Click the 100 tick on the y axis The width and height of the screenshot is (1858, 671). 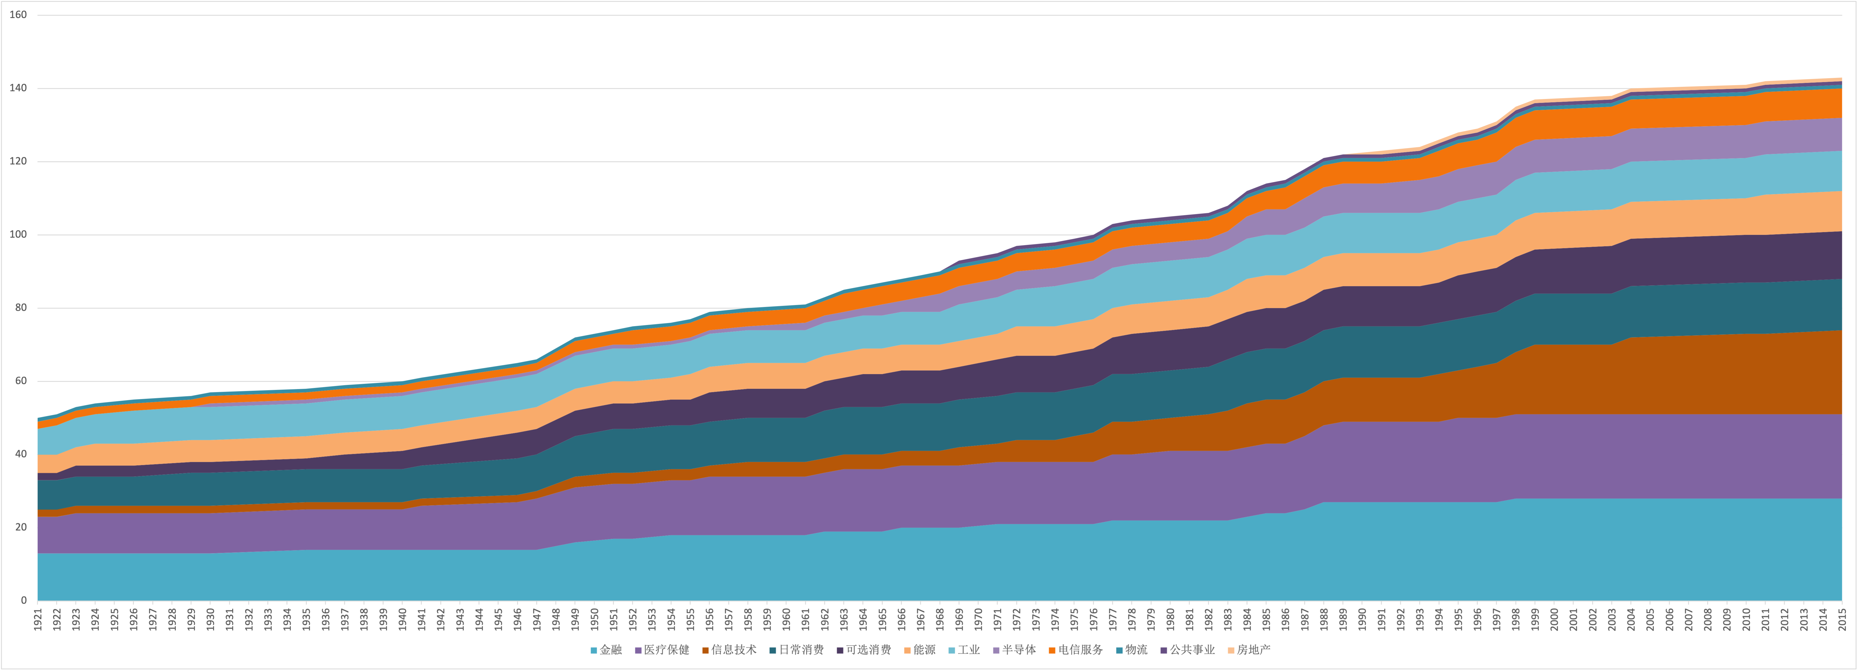[x=18, y=235]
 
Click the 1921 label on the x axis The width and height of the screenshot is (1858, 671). [x=38, y=619]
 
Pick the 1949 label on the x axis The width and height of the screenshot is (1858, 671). [x=576, y=619]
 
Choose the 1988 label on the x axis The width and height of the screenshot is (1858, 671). [x=1324, y=619]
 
